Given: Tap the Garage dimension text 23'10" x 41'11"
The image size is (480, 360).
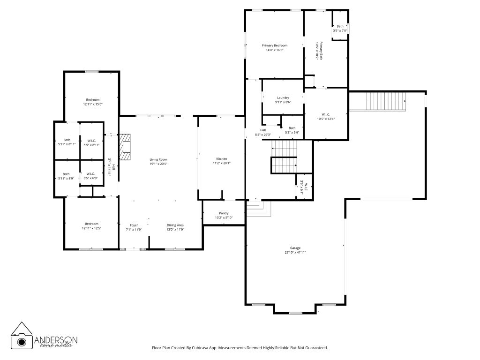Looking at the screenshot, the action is point(295,253).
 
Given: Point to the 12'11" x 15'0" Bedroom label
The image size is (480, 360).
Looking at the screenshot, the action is point(93,102).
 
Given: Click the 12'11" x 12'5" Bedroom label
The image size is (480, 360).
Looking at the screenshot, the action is point(91,226).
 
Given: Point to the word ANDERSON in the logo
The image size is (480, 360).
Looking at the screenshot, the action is point(56,340).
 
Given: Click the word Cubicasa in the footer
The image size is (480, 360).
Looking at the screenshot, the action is point(200,348).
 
